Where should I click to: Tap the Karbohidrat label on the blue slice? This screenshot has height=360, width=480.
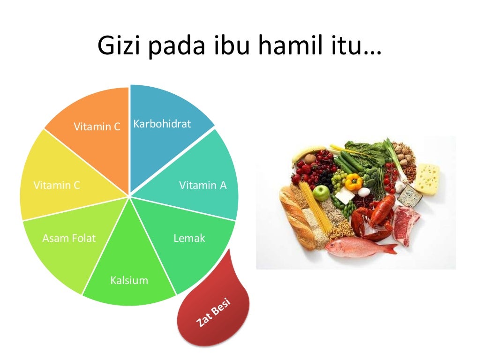tap(162, 124)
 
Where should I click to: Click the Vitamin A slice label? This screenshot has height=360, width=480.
tap(202, 185)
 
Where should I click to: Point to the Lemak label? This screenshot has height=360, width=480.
tap(189, 238)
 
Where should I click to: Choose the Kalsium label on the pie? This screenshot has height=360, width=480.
tap(129, 281)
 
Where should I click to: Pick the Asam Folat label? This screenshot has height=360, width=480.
tap(69, 238)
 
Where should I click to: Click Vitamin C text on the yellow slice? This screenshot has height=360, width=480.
tap(57, 185)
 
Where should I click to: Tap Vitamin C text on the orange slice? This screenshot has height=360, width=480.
tap(97, 127)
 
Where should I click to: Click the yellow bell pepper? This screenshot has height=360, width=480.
tap(353, 181)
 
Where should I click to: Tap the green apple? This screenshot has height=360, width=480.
tap(321, 192)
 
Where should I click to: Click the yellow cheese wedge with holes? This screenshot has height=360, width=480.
tap(427, 178)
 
